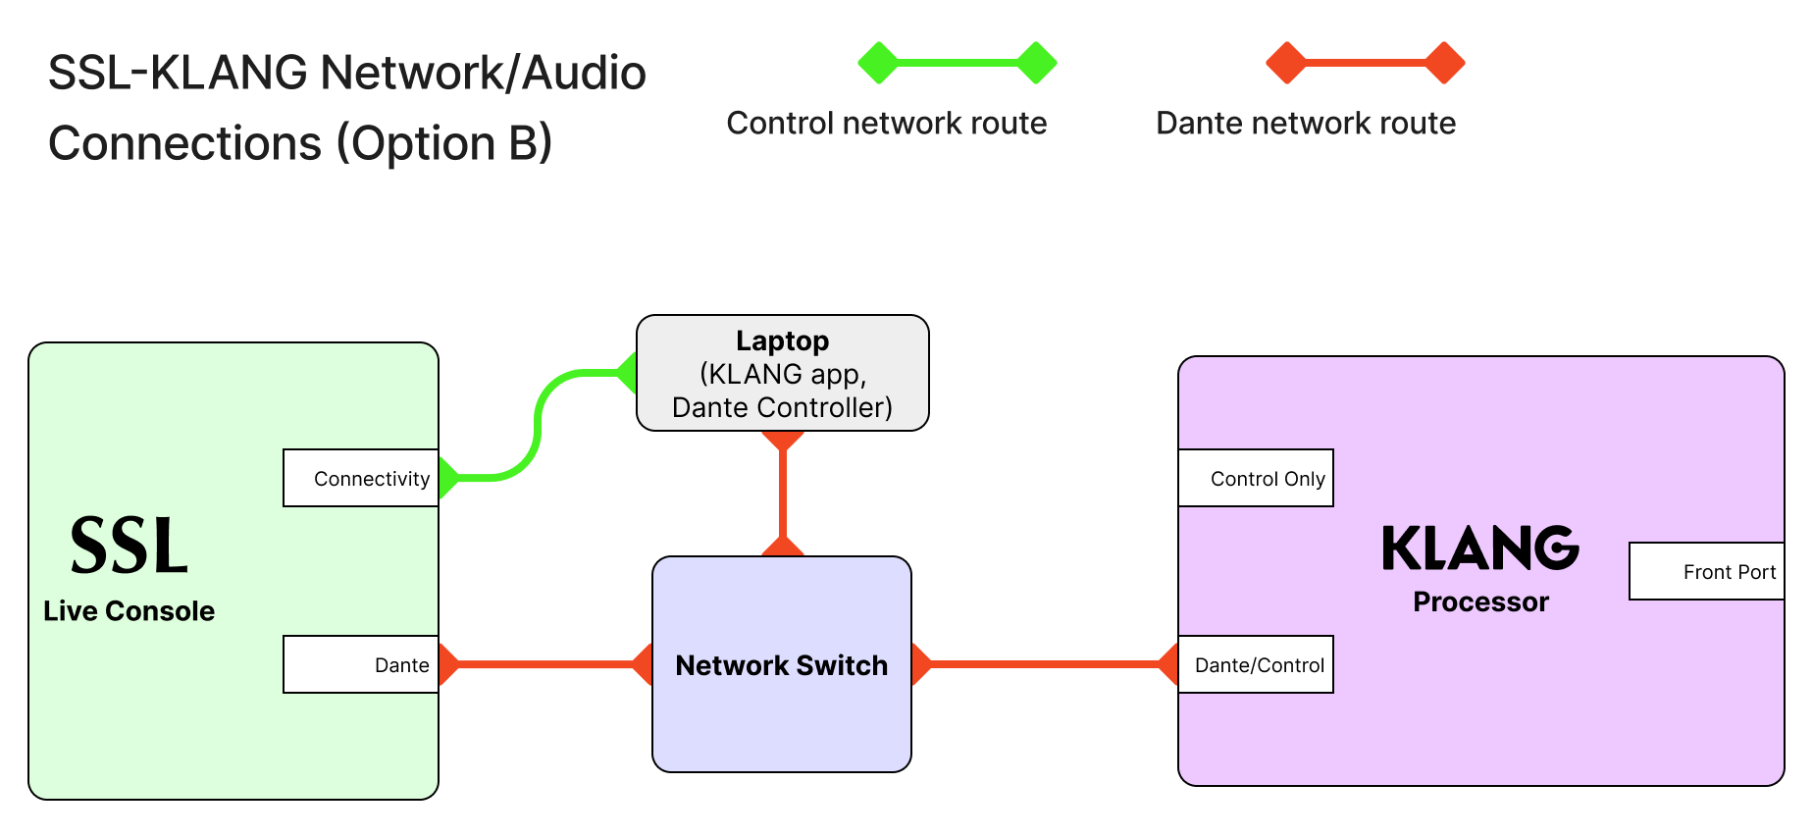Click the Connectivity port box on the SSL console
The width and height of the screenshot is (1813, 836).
(x=361, y=478)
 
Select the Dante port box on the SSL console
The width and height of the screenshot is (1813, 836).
(x=361, y=664)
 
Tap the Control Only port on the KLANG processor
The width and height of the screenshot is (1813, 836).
(x=1256, y=478)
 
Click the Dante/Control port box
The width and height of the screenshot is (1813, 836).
(x=1256, y=664)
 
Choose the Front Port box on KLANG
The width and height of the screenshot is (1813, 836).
(x=1707, y=571)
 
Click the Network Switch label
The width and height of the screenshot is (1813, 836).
(x=781, y=665)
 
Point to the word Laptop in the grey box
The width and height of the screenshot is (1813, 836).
(x=782, y=340)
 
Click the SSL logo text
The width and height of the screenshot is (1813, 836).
(x=129, y=546)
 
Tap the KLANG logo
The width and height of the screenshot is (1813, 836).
(x=1479, y=548)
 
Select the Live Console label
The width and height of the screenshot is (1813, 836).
(x=129, y=610)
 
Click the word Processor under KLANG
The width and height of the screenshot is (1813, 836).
(x=1480, y=601)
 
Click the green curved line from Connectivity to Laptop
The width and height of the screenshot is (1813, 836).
(x=539, y=424)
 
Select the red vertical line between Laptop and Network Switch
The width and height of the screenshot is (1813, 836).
(x=783, y=494)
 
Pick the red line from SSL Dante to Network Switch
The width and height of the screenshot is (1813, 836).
(x=545, y=664)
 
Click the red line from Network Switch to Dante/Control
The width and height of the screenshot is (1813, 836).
(x=1045, y=664)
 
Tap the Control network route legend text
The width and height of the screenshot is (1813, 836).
(x=886, y=123)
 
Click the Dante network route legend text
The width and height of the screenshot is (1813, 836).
(x=1305, y=123)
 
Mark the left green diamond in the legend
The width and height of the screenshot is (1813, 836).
(x=878, y=63)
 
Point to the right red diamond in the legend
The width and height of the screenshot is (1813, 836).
(x=1444, y=63)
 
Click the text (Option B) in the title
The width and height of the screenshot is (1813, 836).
(x=444, y=143)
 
